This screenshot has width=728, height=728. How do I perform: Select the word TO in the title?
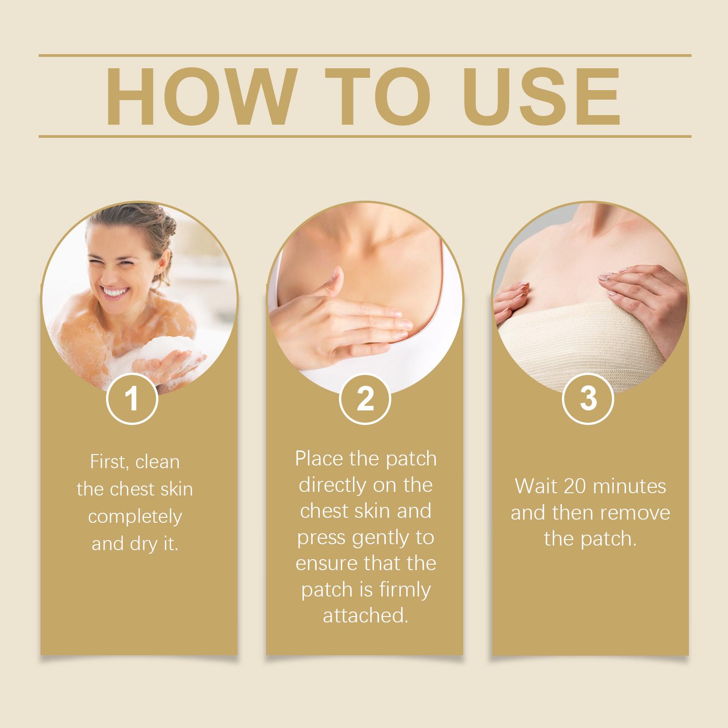pos(378,97)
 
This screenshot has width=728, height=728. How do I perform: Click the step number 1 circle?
pos(132,399)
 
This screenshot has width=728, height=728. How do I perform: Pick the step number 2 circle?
pos(365,399)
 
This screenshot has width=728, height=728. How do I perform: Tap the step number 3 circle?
pos(588,399)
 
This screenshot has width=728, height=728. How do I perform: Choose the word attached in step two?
pos(365,616)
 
